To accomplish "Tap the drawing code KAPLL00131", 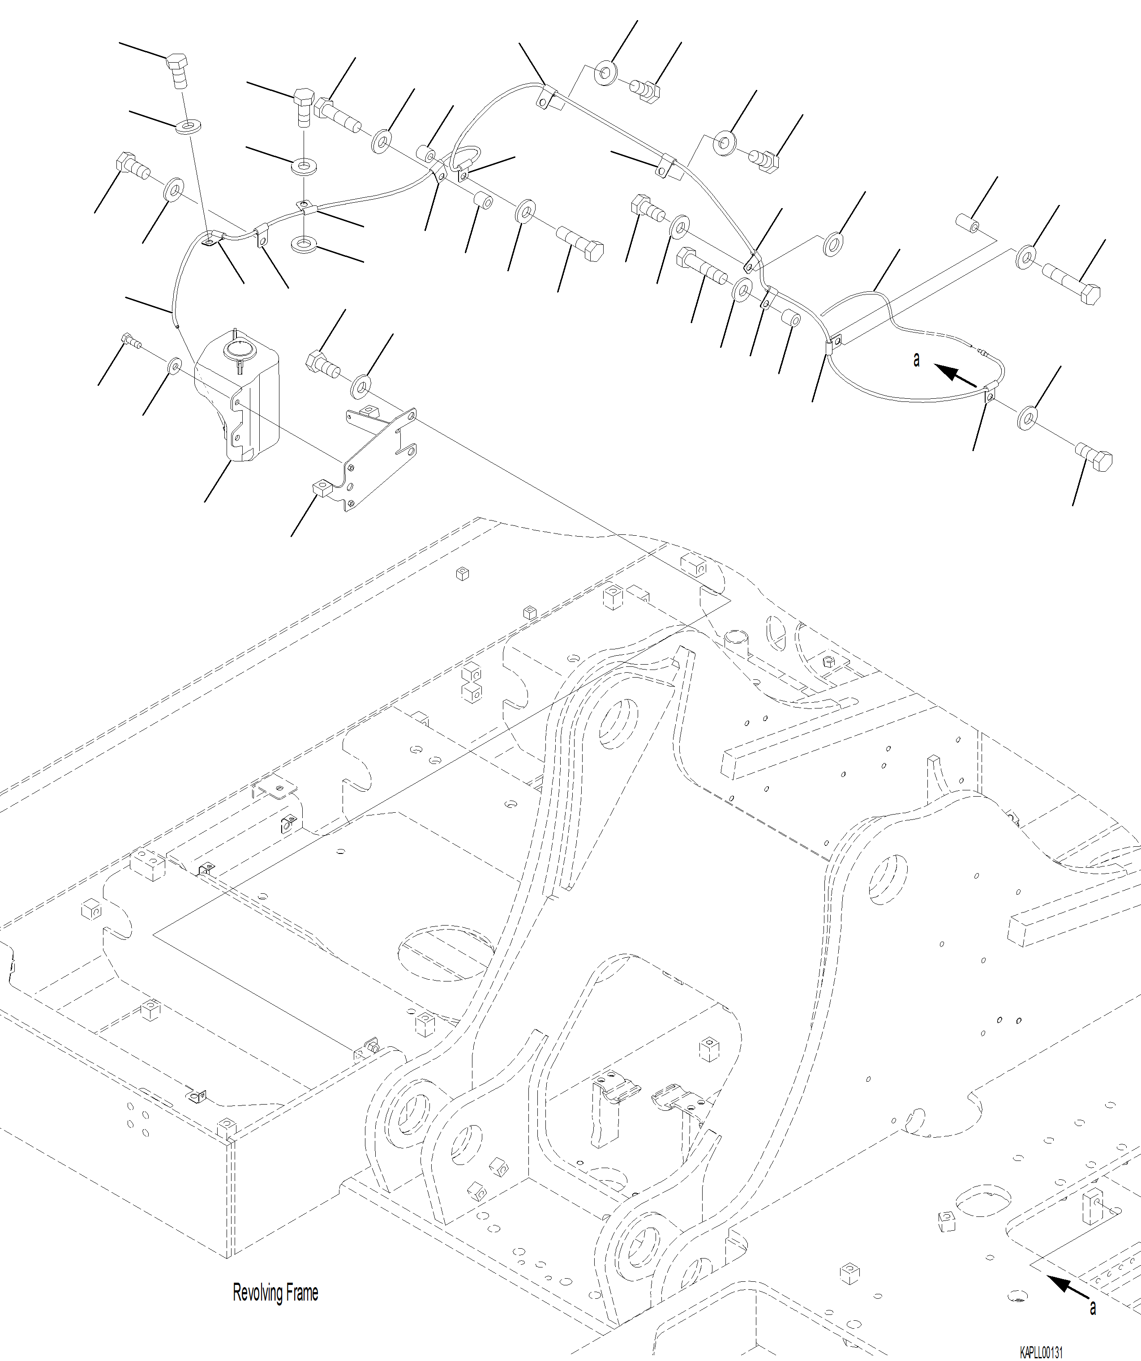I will (x=1041, y=1352).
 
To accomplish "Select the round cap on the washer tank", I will (x=236, y=350).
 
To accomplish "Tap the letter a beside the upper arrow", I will (x=916, y=360).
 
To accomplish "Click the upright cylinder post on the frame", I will (x=737, y=640).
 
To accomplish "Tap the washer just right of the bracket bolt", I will (x=361, y=387).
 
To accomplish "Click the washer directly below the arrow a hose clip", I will (x=1028, y=418).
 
